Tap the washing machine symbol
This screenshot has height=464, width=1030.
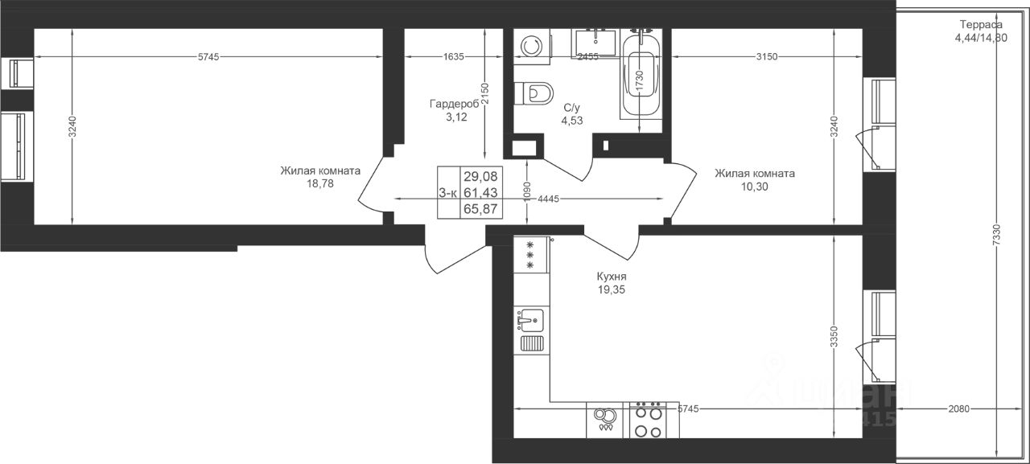click(x=532, y=46)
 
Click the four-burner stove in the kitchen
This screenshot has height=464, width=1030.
click(x=648, y=419)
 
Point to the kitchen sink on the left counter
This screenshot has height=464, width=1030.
click(x=530, y=320)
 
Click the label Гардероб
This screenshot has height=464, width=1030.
click(x=455, y=105)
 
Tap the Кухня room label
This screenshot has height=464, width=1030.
click(x=612, y=276)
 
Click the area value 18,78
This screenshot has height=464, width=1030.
click(x=319, y=183)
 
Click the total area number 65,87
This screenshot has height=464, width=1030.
click(x=480, y=208)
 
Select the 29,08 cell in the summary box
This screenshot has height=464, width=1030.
click(x=480, y=175)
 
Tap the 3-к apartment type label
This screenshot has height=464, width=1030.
click(x=449, y=192)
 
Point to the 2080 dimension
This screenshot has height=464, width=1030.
click(x=958, y=409)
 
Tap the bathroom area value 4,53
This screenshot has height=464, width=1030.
click(x=572, y=121)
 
